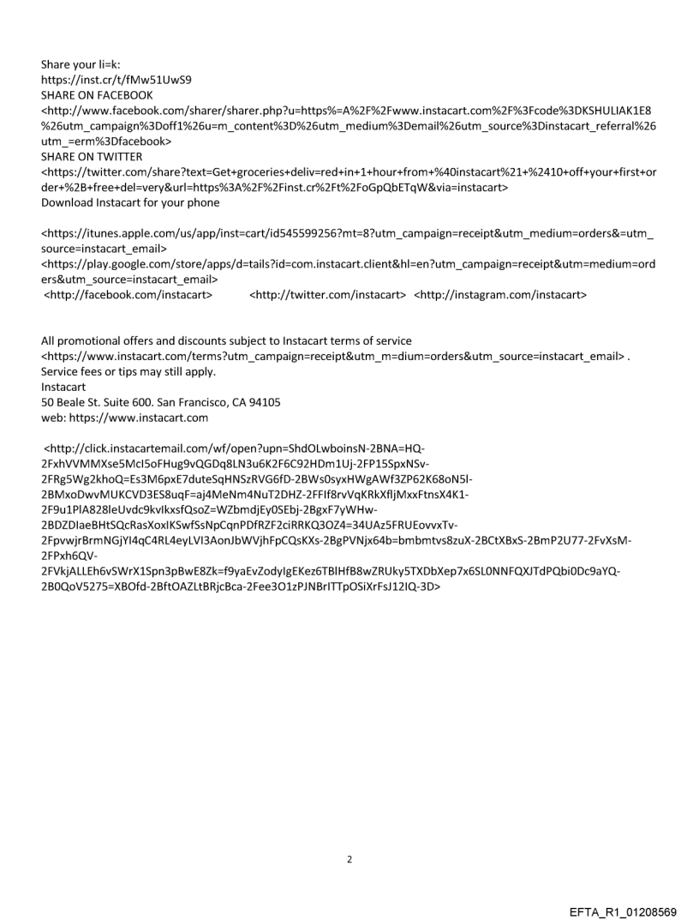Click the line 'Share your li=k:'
81,64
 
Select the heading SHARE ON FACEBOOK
97,95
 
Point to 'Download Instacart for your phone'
129,202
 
